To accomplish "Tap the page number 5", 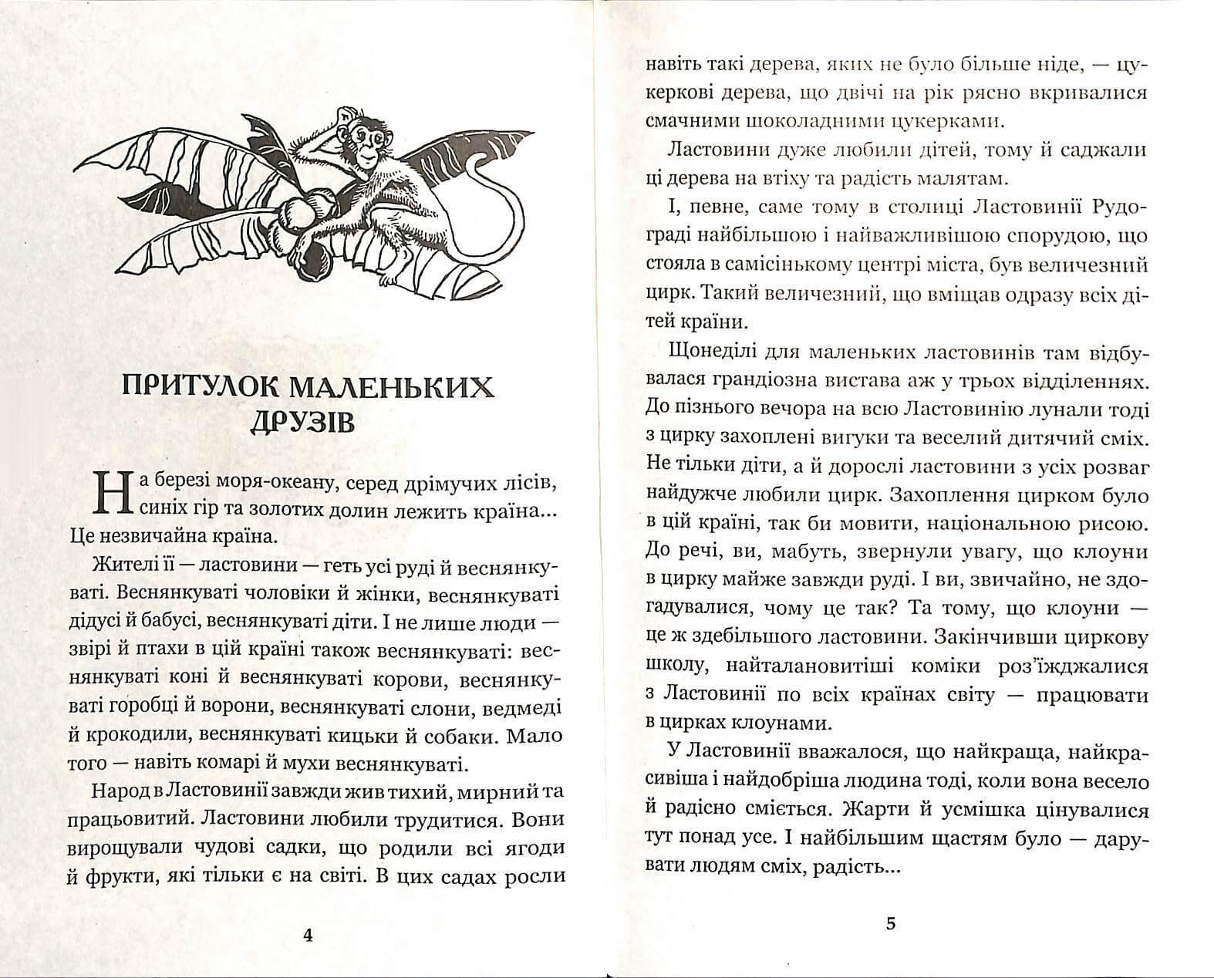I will coord(891,924).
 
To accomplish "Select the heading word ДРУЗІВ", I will coord(302,423).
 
